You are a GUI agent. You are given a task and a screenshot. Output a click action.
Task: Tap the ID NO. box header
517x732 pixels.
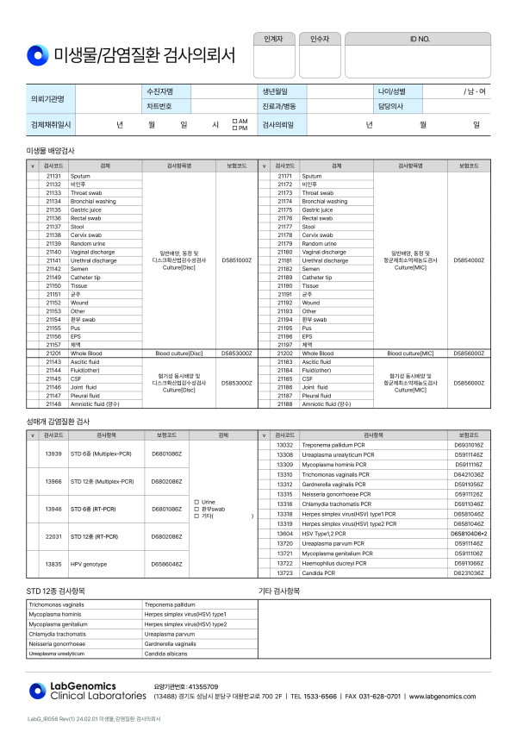(x=419, y=40)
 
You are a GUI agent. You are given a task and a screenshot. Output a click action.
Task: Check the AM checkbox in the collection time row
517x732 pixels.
(x=234, y=122)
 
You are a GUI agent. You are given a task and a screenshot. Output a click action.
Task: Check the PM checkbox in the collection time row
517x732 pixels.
(x=234, y=128)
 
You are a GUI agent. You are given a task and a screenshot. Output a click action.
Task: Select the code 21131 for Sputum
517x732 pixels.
(x=53, y=176)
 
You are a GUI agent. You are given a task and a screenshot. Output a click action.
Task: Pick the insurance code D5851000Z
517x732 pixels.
(x=236, y=260)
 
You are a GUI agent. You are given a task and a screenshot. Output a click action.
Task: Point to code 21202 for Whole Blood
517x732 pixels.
(x=286, y=353)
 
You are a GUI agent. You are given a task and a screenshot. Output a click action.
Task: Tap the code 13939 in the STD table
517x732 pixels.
(x=53, y=454)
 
